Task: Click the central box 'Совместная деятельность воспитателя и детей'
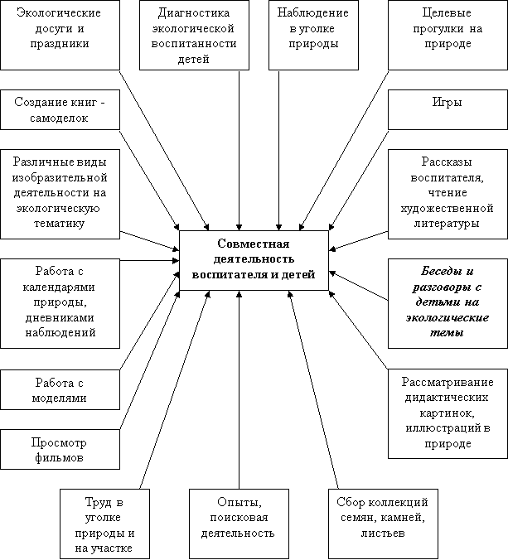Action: (x=254, y=260)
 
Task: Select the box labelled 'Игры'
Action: (x=448, y=109)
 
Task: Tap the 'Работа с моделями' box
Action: (x=60, y=389)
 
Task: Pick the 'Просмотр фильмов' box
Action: (x=60, y=449)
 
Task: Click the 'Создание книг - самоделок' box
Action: (x=60, y=109)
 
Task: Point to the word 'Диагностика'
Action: (x=194, y=13)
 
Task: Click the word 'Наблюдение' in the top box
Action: (x=313, y=13)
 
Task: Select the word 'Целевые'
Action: (x=447, y=13)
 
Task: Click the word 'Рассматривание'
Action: (x=448, y=382)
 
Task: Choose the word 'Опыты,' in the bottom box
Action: (x=239, y=502)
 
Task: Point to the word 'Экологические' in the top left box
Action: (x=59, y=13)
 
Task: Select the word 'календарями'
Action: (x=59, y=287)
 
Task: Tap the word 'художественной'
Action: (x=447, y=208)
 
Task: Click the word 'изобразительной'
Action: (x=60, y=177)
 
